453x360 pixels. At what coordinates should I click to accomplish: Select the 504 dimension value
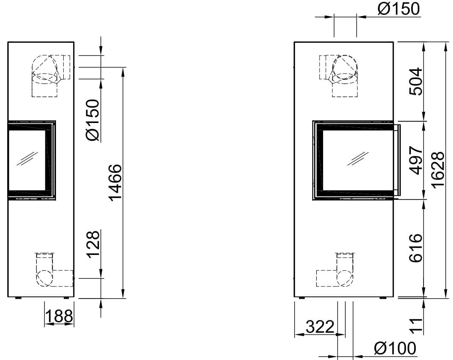click(416, 82)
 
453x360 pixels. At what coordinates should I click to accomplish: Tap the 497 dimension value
click(416, 160)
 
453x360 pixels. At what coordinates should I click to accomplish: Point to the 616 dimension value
click(416, 248)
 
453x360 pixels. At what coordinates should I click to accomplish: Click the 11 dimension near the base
click(416, 325)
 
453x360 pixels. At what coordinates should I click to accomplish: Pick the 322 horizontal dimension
click(320, 327)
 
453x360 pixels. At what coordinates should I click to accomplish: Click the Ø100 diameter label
click(395, 348)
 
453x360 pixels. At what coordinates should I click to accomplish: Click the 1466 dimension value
click(115, 182)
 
